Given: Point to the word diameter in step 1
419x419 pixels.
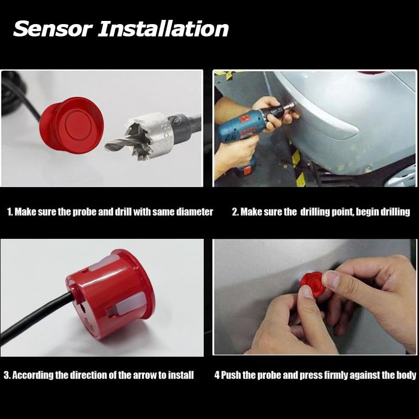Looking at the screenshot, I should point(193,212).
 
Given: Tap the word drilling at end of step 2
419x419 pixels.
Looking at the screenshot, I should point(394,212).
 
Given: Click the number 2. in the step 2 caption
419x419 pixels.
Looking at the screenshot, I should point(235,212).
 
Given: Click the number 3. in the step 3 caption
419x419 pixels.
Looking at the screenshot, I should point(7,375).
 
